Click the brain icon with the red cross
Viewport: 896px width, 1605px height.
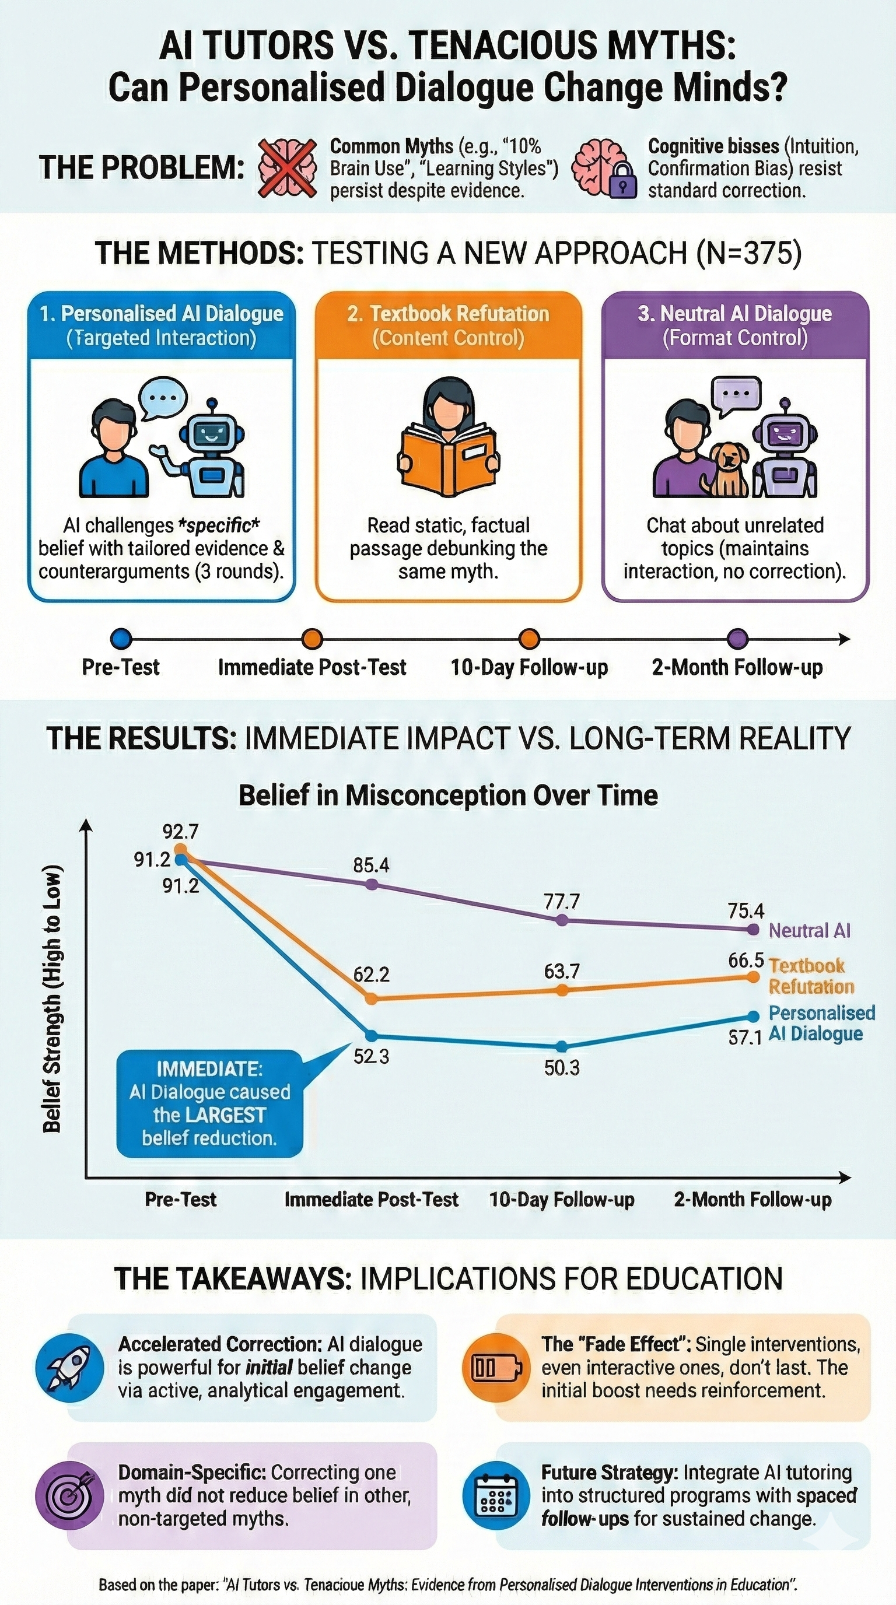(287, 168)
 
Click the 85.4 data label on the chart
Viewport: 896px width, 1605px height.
(371, 865)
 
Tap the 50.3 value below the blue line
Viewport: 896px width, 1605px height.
(561, 1068)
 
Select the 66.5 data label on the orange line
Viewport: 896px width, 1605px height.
(745, 960)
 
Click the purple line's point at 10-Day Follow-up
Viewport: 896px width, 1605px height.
(561, 920)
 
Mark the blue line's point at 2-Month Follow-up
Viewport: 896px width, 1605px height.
(752, 1016)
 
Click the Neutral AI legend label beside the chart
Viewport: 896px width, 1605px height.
(808, 930)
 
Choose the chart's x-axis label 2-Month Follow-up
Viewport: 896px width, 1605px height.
(752, 1200)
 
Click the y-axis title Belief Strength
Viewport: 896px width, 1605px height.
(52, 997)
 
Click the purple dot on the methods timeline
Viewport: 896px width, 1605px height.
(738, 639)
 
